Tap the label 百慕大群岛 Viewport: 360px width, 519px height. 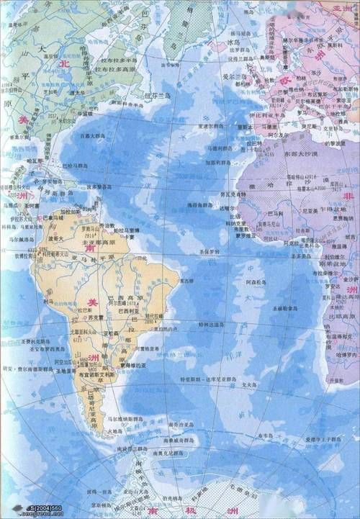94,135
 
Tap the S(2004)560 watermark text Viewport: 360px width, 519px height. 23,512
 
